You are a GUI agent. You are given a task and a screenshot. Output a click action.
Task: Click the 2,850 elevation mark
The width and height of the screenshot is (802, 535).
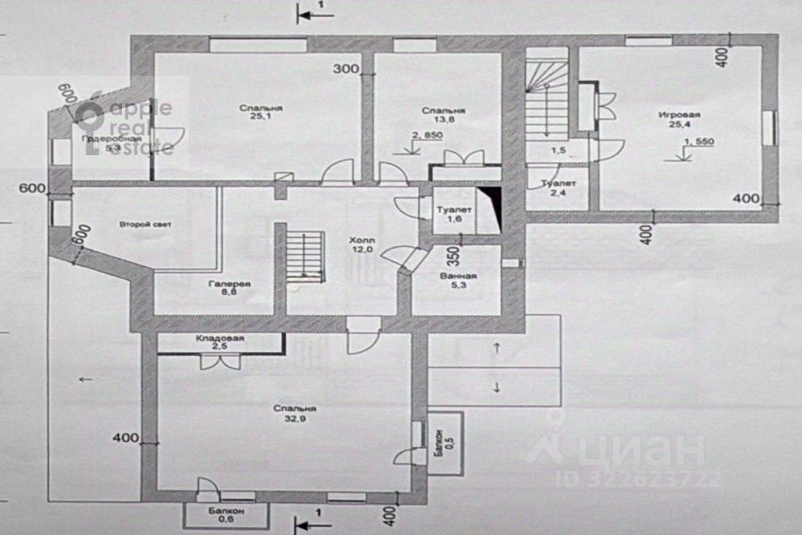click(x=427, y=136)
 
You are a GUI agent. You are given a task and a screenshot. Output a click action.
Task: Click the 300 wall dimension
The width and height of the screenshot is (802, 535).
click(x=347, y=69)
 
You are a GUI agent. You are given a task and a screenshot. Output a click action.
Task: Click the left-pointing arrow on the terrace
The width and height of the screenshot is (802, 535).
click(x=86, y=379)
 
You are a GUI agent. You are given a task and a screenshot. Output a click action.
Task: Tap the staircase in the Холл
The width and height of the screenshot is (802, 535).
click(x=302, y=254)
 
